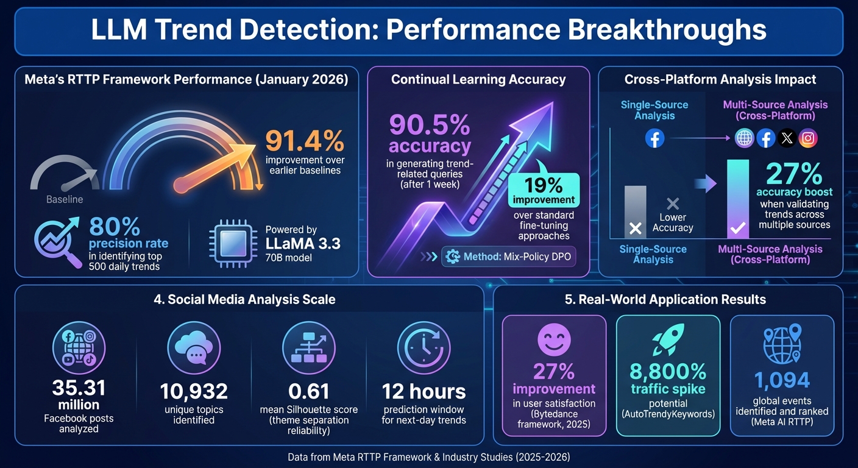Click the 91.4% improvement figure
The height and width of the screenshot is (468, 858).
(x=305, y=141)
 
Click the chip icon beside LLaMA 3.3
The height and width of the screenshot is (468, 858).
(x=232, y=242)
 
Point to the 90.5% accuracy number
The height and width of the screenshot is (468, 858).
(x=430, y=125)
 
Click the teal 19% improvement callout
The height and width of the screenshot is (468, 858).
(x=543, y=190)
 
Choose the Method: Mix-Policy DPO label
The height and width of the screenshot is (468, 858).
(x=509, y=257)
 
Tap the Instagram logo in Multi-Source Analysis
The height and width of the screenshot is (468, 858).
(x=808, y=138)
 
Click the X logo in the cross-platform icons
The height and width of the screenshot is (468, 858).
(x=787, y=138)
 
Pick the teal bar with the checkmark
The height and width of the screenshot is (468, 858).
(x=737, y=199)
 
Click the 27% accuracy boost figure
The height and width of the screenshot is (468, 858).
(x=794, y=175)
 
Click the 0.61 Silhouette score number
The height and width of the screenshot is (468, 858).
(x=308, y=391)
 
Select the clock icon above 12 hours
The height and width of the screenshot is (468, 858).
(x=424, y=348)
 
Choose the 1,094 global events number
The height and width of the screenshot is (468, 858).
(x=782, y=380)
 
